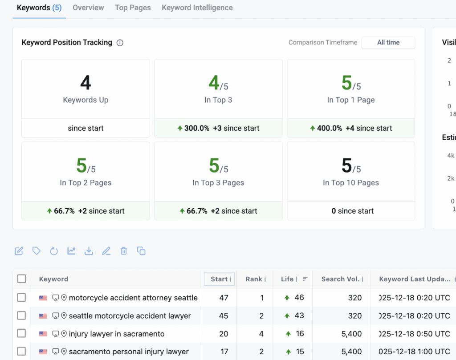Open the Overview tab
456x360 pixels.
tap(88, 8)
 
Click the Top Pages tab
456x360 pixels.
tap(133, 8)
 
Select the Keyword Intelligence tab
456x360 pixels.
tap(197, 8)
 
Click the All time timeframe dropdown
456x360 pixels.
tap(388, 43)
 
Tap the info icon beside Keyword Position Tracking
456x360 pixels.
tap(120, 43)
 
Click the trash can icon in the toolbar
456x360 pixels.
tap(124, 251)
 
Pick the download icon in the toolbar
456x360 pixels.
tap(89, 251)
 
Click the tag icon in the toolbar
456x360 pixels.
tap(37, 251)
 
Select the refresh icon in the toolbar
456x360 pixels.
tap(54, 251)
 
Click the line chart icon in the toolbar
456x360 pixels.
tap(71, 251)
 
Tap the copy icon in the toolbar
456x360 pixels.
tap(141, 251)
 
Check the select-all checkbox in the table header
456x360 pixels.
tap(21, 279)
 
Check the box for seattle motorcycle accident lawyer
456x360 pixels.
tap(21, 316)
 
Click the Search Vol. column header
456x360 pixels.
tap(340, 279)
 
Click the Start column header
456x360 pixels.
tap(219, 279)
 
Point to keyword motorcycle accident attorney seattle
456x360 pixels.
tap(133, 298)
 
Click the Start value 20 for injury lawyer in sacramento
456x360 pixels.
tap(224, 334)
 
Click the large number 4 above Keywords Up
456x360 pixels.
tap(85, 83)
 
